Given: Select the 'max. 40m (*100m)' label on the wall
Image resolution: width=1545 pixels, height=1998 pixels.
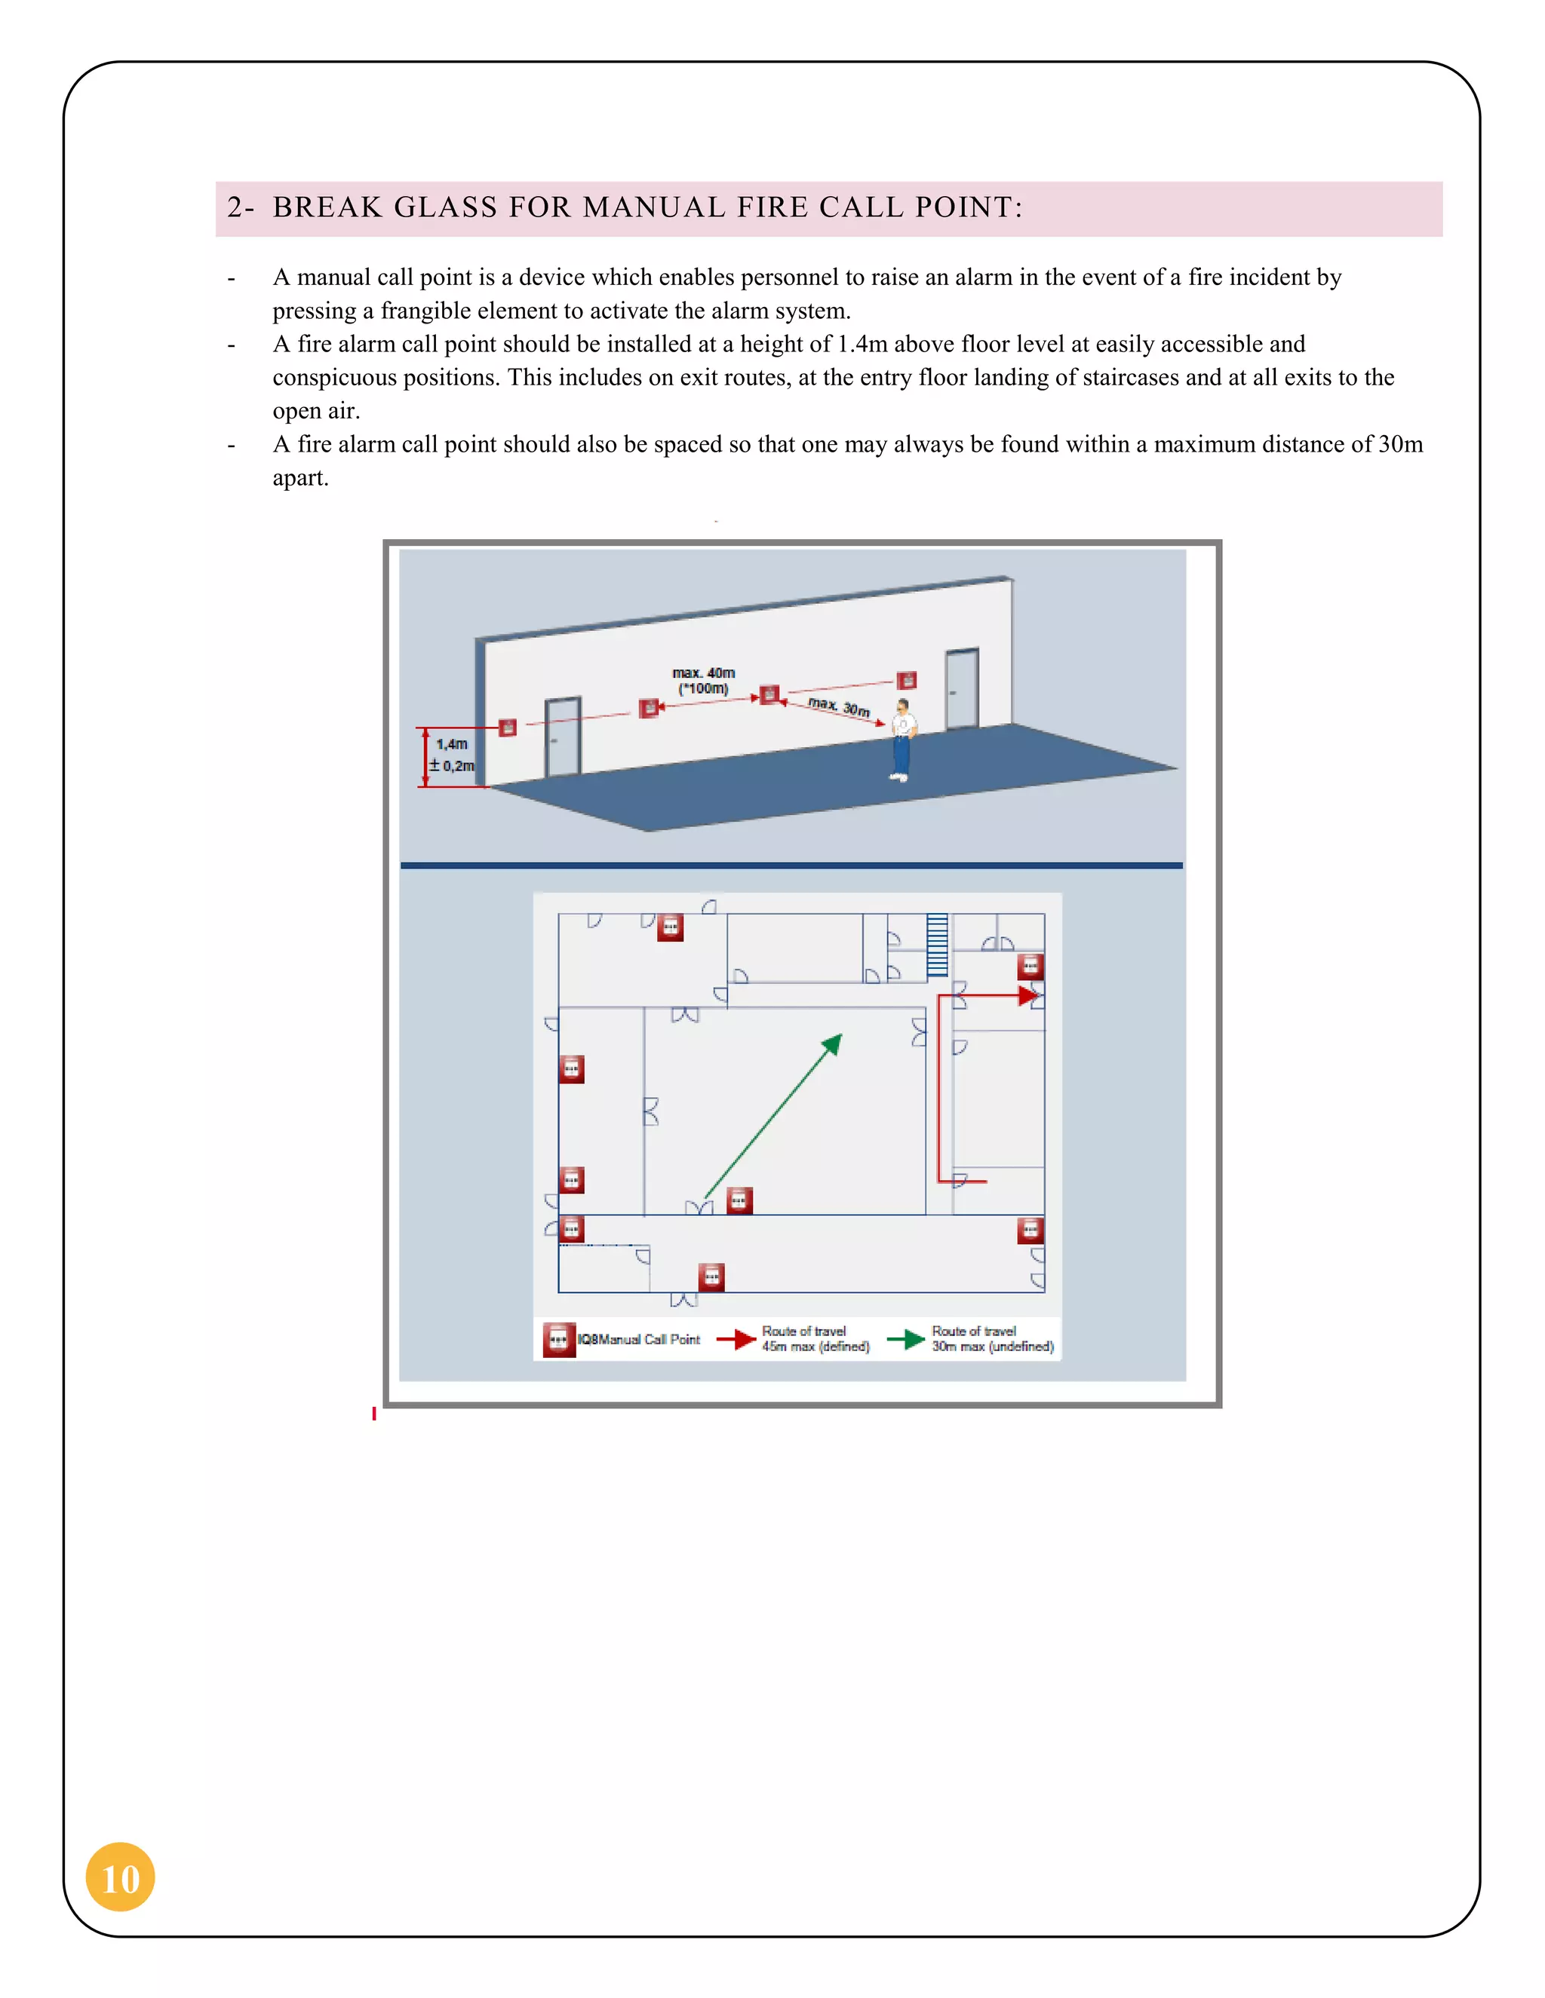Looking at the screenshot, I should (x=703, y=681).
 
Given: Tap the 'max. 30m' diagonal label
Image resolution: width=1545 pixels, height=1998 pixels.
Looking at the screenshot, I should (x=838, y=706).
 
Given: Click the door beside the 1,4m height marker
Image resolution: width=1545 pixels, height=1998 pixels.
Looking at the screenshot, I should (x=562, y=737).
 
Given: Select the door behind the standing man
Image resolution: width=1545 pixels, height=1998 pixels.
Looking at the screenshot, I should (x=961, y=688).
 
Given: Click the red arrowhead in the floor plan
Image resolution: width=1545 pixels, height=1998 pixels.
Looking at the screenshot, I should (x=1029, y=995).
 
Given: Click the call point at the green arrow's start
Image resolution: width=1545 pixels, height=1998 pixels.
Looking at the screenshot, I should (x=739, y=1200).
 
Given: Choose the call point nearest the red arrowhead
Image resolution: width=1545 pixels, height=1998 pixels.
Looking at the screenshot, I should (x=1031, y=967).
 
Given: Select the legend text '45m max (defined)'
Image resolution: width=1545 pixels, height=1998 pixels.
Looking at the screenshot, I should (x=816, y=1347).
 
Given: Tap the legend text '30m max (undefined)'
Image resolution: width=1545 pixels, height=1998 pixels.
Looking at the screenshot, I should (x=992, y=1347).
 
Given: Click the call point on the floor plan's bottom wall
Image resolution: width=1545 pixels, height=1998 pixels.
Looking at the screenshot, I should (x=711, y=1276).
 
